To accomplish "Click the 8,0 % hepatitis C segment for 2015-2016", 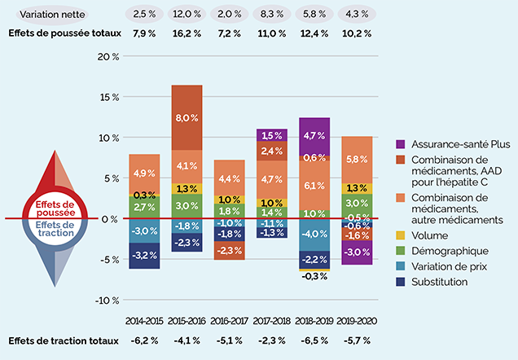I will [187, 117].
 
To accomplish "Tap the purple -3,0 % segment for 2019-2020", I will [356, 252].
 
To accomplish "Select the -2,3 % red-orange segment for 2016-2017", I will [230, 250].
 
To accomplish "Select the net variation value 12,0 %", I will [187, 15].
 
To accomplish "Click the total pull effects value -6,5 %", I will [314, 341].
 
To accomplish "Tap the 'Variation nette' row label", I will [38, 15].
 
